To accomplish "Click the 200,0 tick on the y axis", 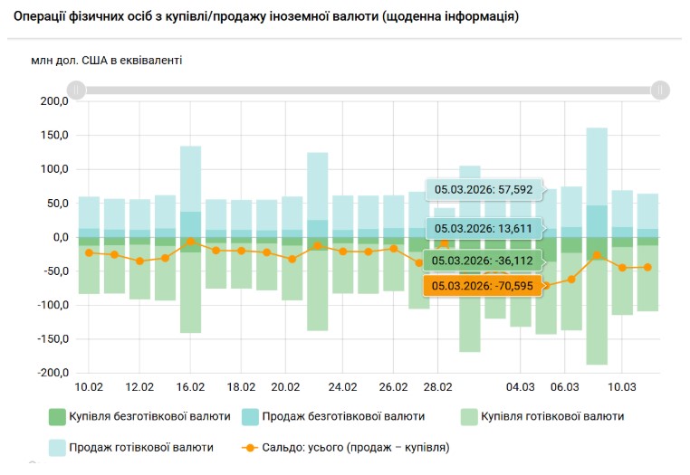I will coord(54,101).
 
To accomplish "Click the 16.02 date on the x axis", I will coord(190,387).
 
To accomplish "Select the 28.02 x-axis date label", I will coord(437,387).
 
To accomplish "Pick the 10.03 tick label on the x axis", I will coord(621,387).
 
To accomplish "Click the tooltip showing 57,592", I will coord(484,190).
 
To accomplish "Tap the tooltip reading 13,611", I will coord(484,228).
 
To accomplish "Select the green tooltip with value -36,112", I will coord(484,261).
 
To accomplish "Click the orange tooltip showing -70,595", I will coord(484,286).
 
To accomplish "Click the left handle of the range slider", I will coord(77,90).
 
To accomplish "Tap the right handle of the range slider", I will coord(661,90).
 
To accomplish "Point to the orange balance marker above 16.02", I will coord(190,242).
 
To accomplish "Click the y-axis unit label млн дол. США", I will coord(106,61).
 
